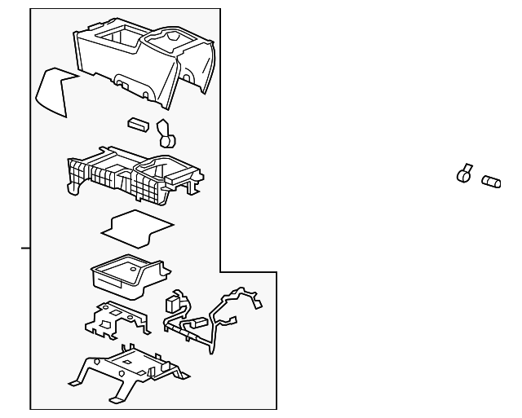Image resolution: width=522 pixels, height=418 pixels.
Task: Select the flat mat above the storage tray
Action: click(x=136, y=227)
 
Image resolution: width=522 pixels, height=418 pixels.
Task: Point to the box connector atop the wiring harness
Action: click(x=173, y=303)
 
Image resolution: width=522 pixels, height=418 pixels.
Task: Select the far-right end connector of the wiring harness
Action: click(x=259, y=305)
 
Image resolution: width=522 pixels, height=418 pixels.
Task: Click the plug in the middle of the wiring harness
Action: click(x=197, y=323)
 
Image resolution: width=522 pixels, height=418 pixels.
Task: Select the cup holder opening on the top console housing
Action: click(x=168, y=38)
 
